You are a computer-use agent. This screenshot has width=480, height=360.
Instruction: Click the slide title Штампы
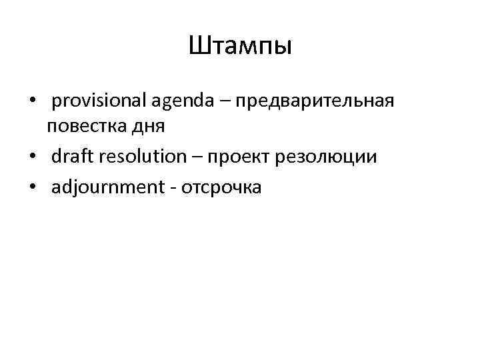(240, 47)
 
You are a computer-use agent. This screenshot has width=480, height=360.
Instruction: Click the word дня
(157, 127)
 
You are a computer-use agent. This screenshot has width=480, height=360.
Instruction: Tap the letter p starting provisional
(55, 104)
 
